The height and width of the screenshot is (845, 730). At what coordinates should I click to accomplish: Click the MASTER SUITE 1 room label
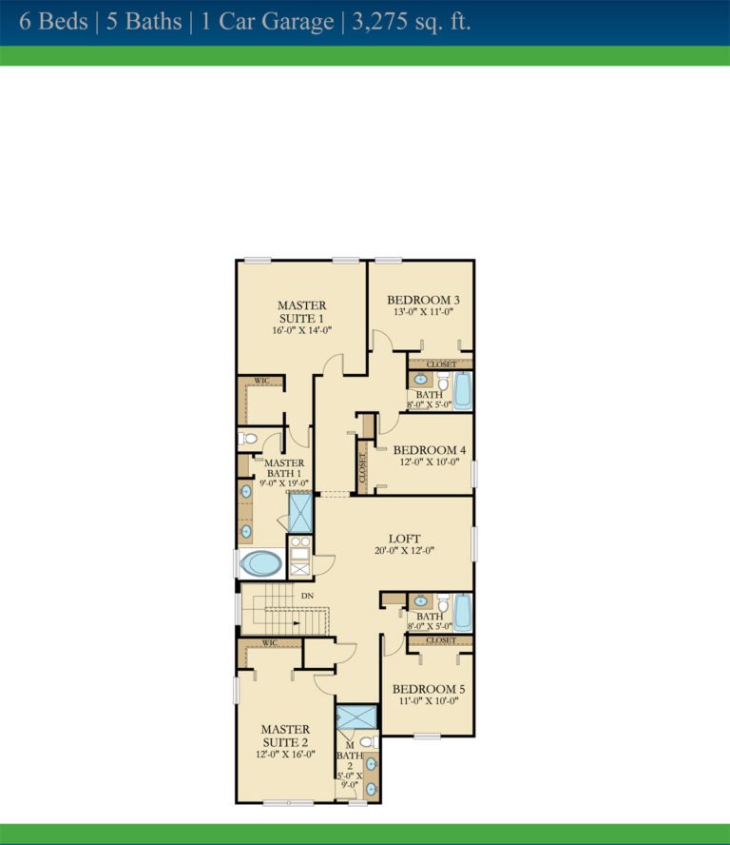[x=301, y=311]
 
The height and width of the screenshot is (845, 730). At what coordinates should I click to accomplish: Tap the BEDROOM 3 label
[x=422, y=300]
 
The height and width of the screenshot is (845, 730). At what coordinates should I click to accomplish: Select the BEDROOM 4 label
[x=428, y=450]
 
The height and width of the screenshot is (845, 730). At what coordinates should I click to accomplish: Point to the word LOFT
[x=404, y=539]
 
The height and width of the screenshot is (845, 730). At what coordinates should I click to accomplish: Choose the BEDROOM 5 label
[x=428, y=688]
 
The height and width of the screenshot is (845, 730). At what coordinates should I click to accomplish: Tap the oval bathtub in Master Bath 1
[x=259, y=563]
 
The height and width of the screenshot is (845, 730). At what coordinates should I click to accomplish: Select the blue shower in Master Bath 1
[x=300, y=514]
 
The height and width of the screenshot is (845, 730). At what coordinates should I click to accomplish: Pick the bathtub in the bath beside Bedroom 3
[x=462, y=390]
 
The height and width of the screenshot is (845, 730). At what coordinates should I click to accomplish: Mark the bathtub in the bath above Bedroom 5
[x=462, y=612]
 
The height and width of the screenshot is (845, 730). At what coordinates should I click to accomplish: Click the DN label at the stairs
[x=307, y=597]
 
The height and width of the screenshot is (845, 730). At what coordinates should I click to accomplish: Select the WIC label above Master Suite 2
[x=269, y=643]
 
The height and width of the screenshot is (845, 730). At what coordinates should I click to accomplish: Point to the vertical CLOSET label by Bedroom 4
[x=362, y=465]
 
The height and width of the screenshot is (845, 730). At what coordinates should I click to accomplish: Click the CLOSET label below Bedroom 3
[x=441, y=364]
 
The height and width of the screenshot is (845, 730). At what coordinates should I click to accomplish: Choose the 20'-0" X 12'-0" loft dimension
[x=404, y=551]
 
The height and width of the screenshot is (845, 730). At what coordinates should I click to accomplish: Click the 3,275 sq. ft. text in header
[x=411, y=22]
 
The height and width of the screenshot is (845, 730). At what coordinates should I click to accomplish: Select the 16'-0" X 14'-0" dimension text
[x=301, y=330]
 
